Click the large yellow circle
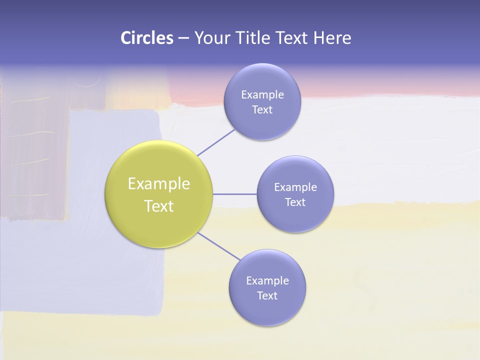[x=159, y=194]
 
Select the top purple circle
[x=262, y=101]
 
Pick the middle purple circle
[x=295, y=194]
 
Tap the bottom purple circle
[x=267, y=287]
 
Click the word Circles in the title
[x=146, y=38]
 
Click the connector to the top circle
[x=216, y=142]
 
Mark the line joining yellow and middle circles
[x=234, y=194]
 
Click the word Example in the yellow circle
[x=159, y=184]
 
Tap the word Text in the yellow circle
[x=159, y=206]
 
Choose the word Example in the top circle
[x=262, y=94]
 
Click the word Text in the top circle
[x=262, y=109]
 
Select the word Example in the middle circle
[x=295, y=187]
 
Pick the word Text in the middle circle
[x=295, y=202]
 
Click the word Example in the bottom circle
[x=267, y=280]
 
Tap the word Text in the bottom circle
[x=267, y=295]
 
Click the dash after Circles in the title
[x=183, y=38]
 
